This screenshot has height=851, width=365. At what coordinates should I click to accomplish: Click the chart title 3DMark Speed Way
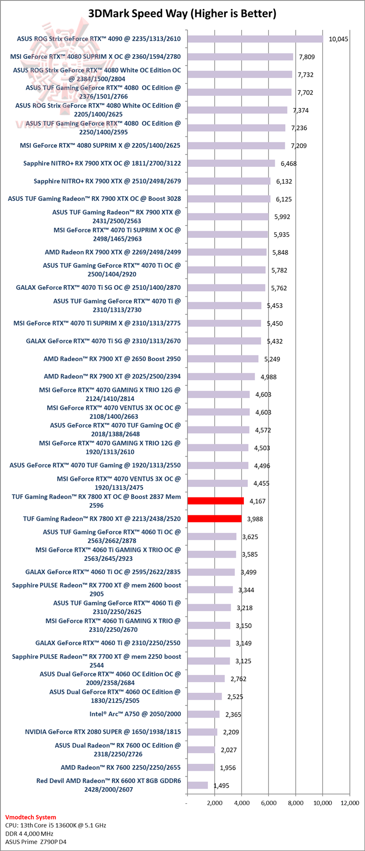(x=182, y=14)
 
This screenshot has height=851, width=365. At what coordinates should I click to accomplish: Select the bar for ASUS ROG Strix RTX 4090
(x=255, y=39)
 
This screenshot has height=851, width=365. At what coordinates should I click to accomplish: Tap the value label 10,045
(x=338, y=39)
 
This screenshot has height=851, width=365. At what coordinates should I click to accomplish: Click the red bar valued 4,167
(x=215, y=501)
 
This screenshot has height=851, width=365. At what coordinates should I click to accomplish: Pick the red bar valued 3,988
(x=214, y=519)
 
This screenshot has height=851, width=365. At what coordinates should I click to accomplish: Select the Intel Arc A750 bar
(x=203, y=714)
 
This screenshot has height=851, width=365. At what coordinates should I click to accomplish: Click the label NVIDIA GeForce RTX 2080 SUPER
(x=103, y=732)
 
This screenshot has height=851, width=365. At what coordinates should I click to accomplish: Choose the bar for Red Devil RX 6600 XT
(x=198, y=785)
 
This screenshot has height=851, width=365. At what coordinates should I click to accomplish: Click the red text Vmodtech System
(x=30, y=817)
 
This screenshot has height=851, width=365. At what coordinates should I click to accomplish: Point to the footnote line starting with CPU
(x=56, y=825)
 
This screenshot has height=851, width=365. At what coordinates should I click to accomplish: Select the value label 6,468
(x=288, y=163)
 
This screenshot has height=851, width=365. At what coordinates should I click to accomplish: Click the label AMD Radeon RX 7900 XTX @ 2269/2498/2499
(x=113, y=252)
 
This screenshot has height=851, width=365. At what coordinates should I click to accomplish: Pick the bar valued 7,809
(x=240, y=57)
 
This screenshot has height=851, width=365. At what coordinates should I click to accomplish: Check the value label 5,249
(x=270, y=359)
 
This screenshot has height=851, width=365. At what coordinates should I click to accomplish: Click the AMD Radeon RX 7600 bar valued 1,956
(x=201, y=767)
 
